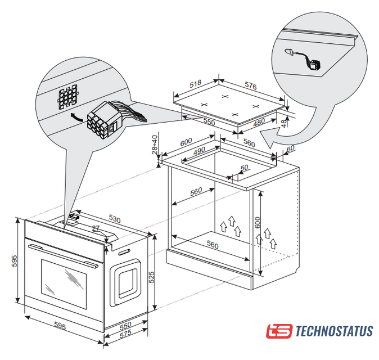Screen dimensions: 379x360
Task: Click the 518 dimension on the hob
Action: pyautogui.click(x=195, y=84)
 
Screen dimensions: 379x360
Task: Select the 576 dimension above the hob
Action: pyautogui.click(x=251, y=85)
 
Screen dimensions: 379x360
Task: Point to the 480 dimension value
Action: pyautogui.click(x=259, y=122)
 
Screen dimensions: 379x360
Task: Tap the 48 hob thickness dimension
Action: pyautogui.click(x=285, y=123)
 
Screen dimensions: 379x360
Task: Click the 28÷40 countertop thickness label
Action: pyautogui.click(x=155, y=145)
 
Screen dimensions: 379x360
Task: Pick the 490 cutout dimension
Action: pyautogui.click(x=199, y=151)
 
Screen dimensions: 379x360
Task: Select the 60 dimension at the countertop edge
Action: pyautogui.click(x=290, y=148)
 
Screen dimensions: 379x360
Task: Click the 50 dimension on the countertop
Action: pyautogui.click(x=244, y=168)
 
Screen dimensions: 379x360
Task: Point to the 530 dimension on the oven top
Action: pyautogui.click(x=115, y=219)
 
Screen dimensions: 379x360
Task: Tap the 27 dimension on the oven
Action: pyautogui.click(x=96, y=228)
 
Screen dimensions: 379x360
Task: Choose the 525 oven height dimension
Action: pyautogui.click(x=151, y=277)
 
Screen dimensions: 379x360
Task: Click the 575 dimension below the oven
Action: pyautogui.click(x=126, y=334)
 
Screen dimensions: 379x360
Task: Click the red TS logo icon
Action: pyautogui.click(x=279, y=331)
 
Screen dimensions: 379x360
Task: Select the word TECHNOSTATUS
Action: pyautogui.click(x=334, y=331)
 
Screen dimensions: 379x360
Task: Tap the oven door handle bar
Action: pyautogui.click(x=64, y=256)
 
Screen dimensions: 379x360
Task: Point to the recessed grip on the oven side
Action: pyautogui.click(x=125, y=282)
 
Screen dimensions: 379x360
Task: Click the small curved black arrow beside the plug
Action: pyautogui.click(x=78, y=117)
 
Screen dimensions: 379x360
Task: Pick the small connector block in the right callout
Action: pyautogui.click(x=314, y=65)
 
